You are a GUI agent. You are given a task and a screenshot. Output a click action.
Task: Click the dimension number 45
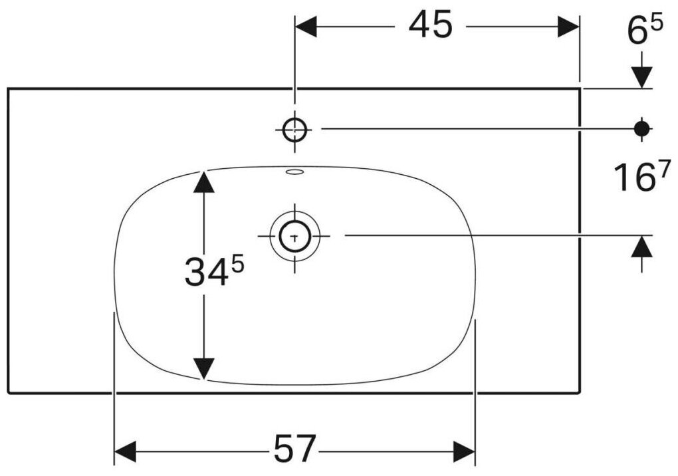tap(430, 27)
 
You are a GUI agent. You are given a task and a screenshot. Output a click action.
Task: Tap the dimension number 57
tap(293, 450)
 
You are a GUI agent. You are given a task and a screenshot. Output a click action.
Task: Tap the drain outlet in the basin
tap(294, 235)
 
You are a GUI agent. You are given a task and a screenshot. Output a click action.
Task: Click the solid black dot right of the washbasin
tap(641, 129)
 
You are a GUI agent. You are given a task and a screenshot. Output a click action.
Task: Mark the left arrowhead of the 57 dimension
tap(126, 451)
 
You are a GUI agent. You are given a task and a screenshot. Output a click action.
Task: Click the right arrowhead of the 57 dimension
tap(465, 451)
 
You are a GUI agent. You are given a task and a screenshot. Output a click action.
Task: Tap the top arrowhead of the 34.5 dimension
tap(204, 181)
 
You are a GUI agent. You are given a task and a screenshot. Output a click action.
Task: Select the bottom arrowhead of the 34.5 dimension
tap(204, 368)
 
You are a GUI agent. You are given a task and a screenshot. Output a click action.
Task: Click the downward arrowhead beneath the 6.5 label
tap(641, 77)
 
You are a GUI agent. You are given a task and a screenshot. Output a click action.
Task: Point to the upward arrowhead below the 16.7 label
tap(641, 247)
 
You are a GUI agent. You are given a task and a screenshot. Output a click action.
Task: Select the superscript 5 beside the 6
tap(655, 24)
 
